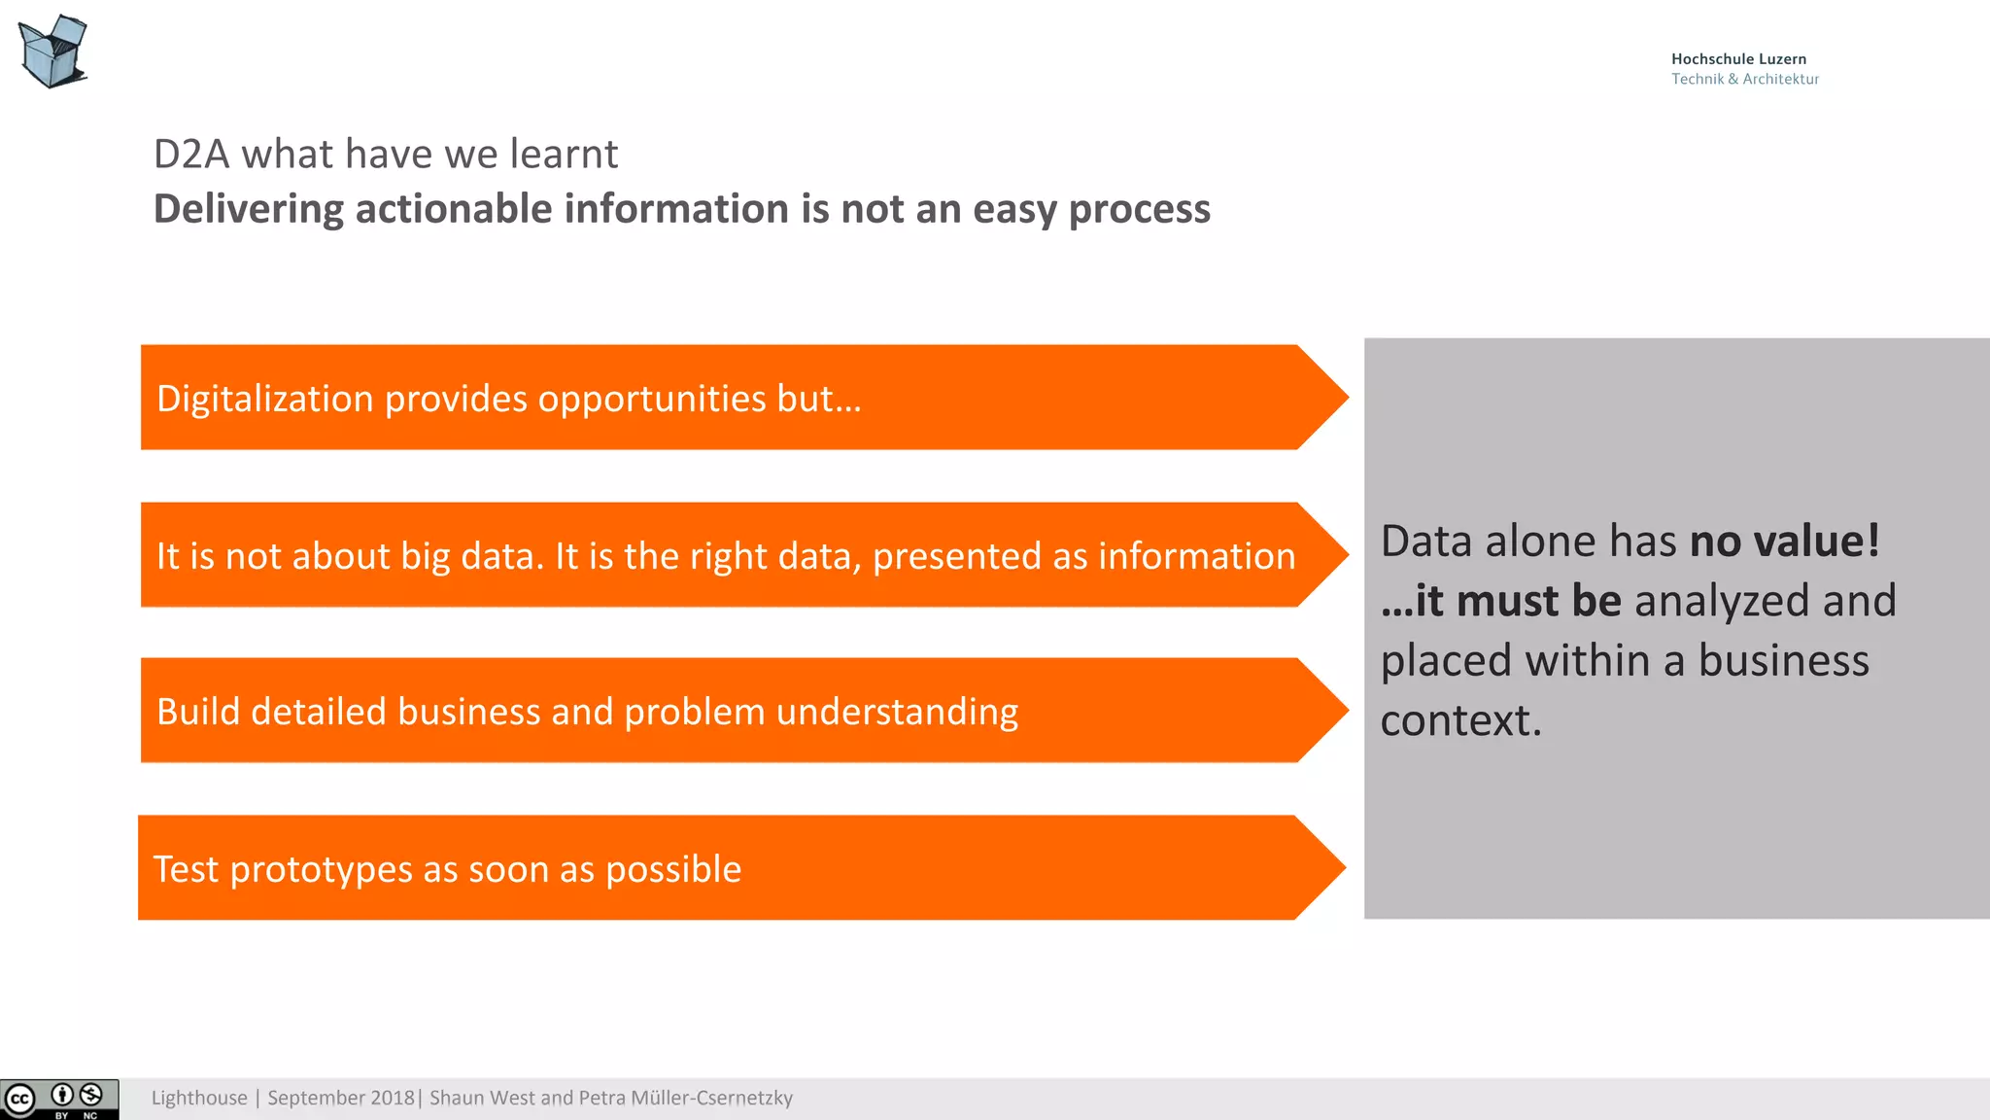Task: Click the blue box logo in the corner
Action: point(53,52)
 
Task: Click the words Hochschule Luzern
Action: point(1738,59)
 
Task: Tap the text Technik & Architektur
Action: point(1744,80)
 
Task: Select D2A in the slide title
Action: point(191,155)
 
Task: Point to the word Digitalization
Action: point(264,400)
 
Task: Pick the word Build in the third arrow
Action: point(197,712)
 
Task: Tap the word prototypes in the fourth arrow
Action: point(321,870)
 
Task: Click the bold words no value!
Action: point(1784,542)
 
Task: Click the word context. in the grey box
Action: point(1460,720)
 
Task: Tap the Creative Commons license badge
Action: point(59,1100)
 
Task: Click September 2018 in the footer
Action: point(340,1099)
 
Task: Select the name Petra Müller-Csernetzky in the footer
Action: point(685,1099)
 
